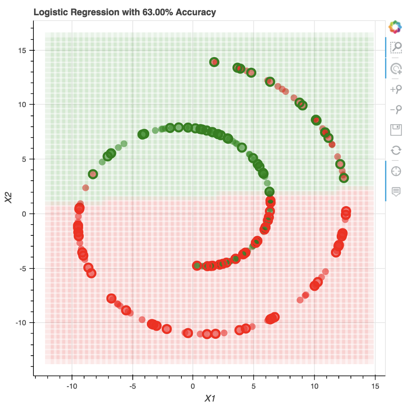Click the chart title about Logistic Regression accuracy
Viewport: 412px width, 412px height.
[125, 12]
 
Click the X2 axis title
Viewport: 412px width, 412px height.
[8, 197]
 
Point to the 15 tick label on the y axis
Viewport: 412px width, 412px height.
[21, 50]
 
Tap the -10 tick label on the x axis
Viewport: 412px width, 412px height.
[72, 386]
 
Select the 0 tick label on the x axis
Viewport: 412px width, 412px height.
[193, 386]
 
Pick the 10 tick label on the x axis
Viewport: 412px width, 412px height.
[314, 386]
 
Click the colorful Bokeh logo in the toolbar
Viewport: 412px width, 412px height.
[396, 27]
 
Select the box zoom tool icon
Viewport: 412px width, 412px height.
[396, 47]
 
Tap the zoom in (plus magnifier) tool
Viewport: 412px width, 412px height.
[396, 89]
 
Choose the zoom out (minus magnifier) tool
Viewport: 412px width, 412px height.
[396, 109]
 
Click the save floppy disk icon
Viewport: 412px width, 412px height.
[396, 130]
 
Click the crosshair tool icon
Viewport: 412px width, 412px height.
[396, 171]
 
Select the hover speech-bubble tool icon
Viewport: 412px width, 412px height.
[396, 192]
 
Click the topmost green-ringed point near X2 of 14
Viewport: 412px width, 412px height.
[214, 62]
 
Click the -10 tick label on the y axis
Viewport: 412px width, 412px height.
[20, 323]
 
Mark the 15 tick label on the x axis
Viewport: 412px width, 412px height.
[375, 386]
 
